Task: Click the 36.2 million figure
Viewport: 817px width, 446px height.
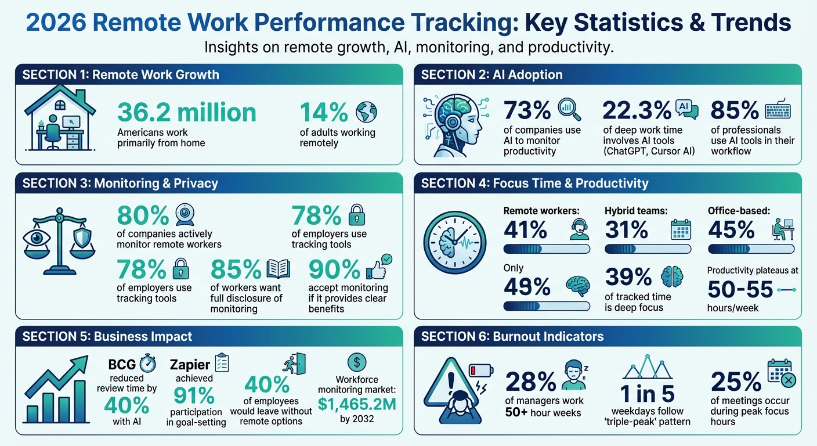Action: point(186,112)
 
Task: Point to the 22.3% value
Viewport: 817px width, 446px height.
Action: point(637,110)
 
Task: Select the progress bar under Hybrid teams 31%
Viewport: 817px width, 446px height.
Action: point(648,249)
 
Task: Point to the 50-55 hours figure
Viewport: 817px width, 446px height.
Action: point(740,289)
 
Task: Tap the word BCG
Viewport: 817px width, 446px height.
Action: point(122,365)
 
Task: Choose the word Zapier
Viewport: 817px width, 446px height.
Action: point(189,365)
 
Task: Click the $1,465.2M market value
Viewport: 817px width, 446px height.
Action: point(357,404)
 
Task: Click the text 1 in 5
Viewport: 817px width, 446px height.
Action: point(648,394)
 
